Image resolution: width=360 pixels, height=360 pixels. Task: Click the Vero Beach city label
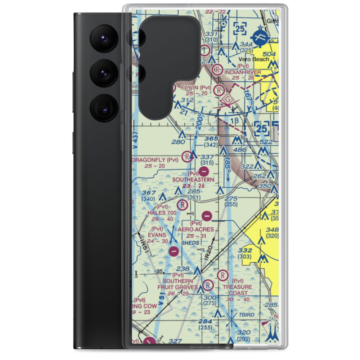[x=254, y=59]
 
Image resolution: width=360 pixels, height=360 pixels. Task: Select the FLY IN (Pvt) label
[x=196, y=87]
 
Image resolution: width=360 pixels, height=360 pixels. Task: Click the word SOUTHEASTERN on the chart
[x=198, y=179]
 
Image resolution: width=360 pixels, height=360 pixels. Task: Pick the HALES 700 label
[x=162, y=213]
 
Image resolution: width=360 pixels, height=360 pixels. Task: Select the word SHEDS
[x=190, y=243]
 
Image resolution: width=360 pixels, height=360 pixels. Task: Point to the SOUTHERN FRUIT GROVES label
[x=178, y=284]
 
